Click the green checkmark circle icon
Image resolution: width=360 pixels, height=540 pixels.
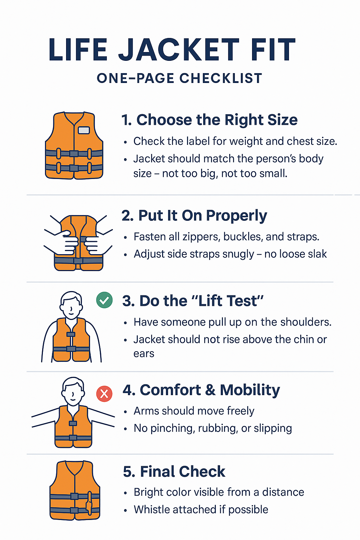coord(104,300)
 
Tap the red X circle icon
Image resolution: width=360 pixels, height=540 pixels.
coord(104,394)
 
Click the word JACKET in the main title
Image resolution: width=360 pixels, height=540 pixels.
coord(179,50)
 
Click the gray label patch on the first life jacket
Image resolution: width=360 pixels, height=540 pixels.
coord(84,130)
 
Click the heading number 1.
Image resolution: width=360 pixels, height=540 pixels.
coord(126,120)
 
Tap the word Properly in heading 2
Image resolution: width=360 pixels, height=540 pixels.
coord(237,216)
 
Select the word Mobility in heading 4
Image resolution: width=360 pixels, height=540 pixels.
coord(250,390)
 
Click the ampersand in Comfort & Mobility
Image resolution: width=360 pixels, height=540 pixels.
coord(211,390)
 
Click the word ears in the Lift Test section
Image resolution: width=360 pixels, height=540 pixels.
coord(144,354)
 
